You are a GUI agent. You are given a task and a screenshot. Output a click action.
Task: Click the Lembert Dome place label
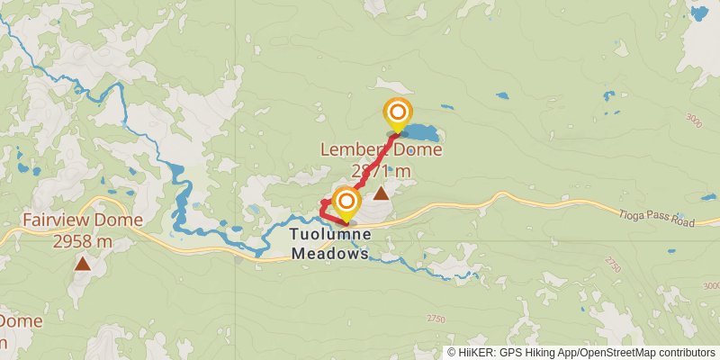tap(382, 150)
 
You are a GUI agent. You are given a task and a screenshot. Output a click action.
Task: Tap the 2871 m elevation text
tap(382, 171)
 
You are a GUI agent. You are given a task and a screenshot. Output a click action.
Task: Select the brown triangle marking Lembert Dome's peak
tap(382, 193)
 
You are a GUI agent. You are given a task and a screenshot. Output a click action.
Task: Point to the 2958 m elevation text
tap(83, 241)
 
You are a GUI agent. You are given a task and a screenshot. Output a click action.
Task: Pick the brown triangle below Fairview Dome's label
tap(83, 264)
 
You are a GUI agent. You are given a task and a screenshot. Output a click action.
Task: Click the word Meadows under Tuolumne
tap(329, 254)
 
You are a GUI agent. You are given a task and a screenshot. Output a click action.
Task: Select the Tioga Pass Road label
tap(656, 217)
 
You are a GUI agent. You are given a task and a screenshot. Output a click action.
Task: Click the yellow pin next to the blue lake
tap(397, 115)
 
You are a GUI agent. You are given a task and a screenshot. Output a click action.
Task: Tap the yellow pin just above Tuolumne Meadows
tap(345, 203)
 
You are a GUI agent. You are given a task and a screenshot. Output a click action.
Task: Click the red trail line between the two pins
tap(371, 167)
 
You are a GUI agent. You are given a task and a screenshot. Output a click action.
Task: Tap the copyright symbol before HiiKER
tap(452, 353)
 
